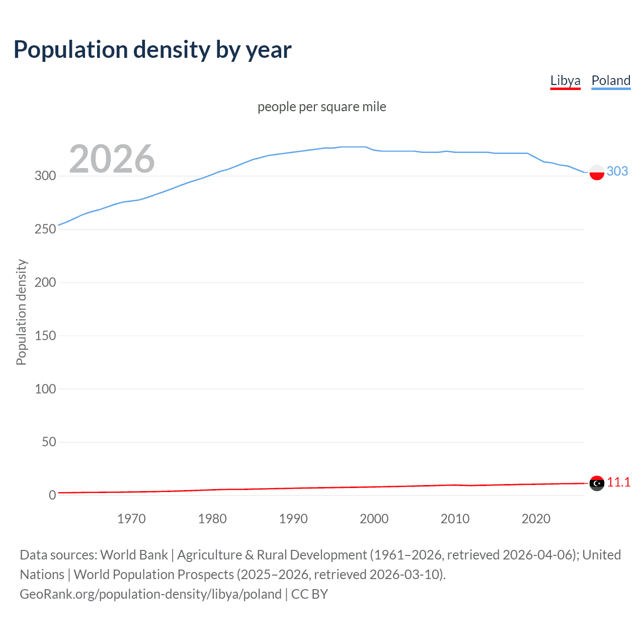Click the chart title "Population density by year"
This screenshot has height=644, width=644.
pyautogui.click(x=152, y=50)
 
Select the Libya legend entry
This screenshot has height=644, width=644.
pyautogui.click(x=565, y=80)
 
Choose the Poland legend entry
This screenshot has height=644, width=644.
pyautogui.click(x=611, y=80)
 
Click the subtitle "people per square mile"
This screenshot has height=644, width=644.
pyautogui.click(x=321, y=107)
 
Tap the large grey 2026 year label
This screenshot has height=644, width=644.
pyautogui.click(x=112, y=159)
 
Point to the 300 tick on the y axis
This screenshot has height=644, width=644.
pyautogui.click(x=45, y=176)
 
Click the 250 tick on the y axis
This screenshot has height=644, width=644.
pyautogui.click(x=45, y=229)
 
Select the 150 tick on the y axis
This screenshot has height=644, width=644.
pyautogui.click(x=45, y=336)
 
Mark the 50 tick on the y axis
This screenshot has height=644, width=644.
pyautogui.click(x=49, y=442)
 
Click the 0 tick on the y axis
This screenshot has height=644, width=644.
pyautogui.click(x=52, y=495)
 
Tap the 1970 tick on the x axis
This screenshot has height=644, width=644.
pyautogui.click(x=131, y=519)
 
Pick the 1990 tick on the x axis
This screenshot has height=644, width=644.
pyautogui.click(x=293, y=519)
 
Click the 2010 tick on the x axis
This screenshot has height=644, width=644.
pyautogui.click(x=455, y=519)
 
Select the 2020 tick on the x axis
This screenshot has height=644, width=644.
pyautogui.click(x=536, y=519)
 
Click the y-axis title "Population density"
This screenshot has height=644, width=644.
pyautogui.click(x=21, y=312)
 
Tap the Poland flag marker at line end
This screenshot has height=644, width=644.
pyautogui.click(x=597, y=172)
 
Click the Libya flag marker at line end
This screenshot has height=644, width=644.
pyautogui.click(x=597, y=483)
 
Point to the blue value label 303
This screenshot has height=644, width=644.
pyautogui.click(x=617, y=171)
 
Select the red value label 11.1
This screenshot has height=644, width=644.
pyautogui.click(x=618, y=482)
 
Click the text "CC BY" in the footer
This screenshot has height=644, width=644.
pyautogui.click(x=309, y=594)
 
